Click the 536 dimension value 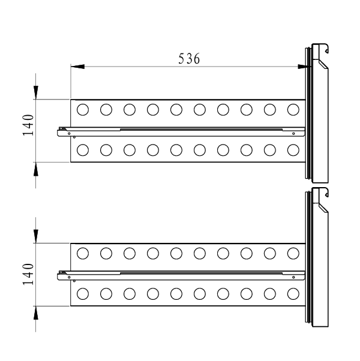coord(189,59)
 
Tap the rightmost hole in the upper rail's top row coord(293,110)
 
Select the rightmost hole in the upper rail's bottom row coord(293,150)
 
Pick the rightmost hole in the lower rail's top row coord(293,254)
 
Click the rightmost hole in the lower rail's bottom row coord(293,294)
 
